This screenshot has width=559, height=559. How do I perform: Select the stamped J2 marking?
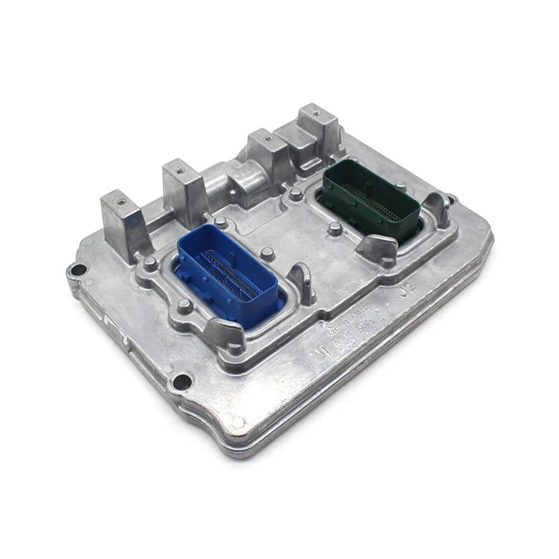(x=408, y=289)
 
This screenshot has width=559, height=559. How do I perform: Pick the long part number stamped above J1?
(x=347, y=319)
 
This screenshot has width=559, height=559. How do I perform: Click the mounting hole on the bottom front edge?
(x=179, y=382)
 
